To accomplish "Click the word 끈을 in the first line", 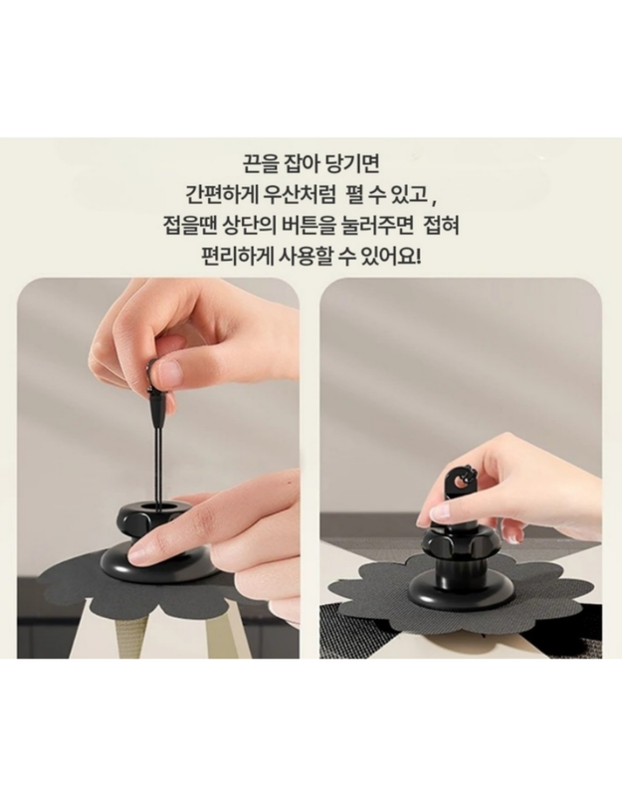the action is (261, 163).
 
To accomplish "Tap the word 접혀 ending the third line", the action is (442, 226).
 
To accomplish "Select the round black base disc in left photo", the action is (154, 562).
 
